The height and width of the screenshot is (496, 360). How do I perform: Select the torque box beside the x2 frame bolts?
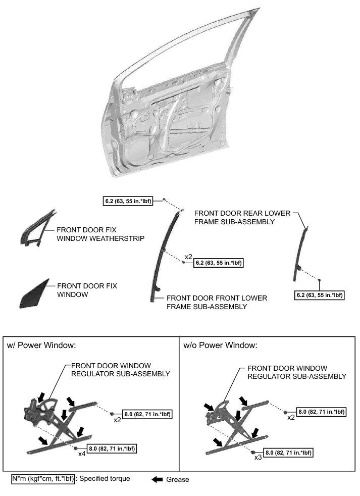(219, 264)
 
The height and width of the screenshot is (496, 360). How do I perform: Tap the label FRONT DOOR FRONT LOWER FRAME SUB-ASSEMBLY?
(217, 302)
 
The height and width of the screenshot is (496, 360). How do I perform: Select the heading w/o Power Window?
(220, 346)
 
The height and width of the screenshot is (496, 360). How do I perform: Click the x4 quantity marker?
(81, 454)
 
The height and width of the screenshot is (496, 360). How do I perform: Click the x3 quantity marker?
(258, 457)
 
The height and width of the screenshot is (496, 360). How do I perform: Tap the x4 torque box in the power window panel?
(112, 448)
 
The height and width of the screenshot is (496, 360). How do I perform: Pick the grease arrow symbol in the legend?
(158, 479)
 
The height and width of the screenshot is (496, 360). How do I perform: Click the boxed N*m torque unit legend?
(43, 479)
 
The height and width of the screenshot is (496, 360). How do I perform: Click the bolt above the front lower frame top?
(164, 200)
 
